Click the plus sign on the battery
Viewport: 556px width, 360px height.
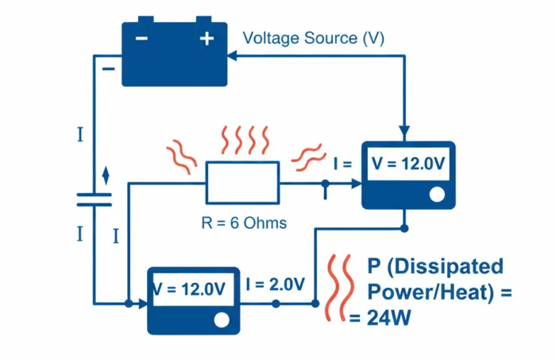(207, 38)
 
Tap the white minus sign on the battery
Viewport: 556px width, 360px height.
(141, 38)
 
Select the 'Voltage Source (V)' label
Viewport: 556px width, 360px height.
(313, 38)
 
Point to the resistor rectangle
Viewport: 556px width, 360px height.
(242, 183)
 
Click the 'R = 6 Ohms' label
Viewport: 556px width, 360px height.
(244, 223)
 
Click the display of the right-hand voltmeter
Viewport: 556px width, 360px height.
(407, 164)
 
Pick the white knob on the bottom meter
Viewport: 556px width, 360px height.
(222, 319)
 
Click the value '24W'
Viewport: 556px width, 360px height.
(389, 318)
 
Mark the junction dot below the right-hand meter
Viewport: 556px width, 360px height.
(404, 228)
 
